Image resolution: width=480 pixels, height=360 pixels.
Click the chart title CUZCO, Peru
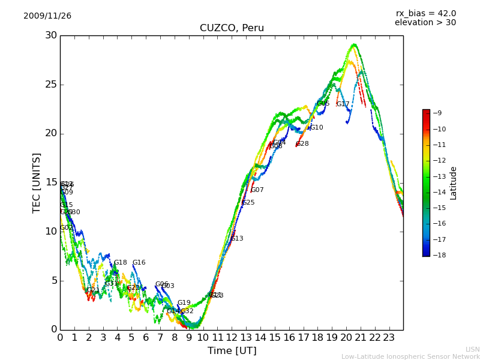(x=232, y=28)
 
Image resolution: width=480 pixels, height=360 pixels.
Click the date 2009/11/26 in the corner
(x=47, y=16)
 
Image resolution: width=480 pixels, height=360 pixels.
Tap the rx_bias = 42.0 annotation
(x=425, y=14)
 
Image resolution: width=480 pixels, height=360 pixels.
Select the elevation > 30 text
(x=425, y=23)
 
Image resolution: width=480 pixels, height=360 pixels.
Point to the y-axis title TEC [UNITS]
(x=37, y=182)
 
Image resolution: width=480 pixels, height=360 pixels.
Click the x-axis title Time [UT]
(x=232, y=351)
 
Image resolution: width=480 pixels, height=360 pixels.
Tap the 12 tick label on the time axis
(x=232, y=337)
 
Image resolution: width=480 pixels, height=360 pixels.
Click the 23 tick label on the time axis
(x=389, y=337)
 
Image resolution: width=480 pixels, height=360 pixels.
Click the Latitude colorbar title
(x=454, y=183)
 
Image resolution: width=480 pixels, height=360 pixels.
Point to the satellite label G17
(x=343, y=104)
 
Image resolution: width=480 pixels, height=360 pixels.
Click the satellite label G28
(x=302, y=144)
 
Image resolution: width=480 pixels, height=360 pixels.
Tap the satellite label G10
(x=316, y=128)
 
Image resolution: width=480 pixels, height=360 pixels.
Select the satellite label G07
(x=257, y=190)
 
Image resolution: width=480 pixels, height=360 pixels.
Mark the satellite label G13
(x=237, y=239)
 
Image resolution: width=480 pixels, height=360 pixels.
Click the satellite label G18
(x=121, y=263)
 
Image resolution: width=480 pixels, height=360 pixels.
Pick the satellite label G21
(x=94, y=290)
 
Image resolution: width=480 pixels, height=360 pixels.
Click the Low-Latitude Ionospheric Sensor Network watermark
(x=410, y=356)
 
